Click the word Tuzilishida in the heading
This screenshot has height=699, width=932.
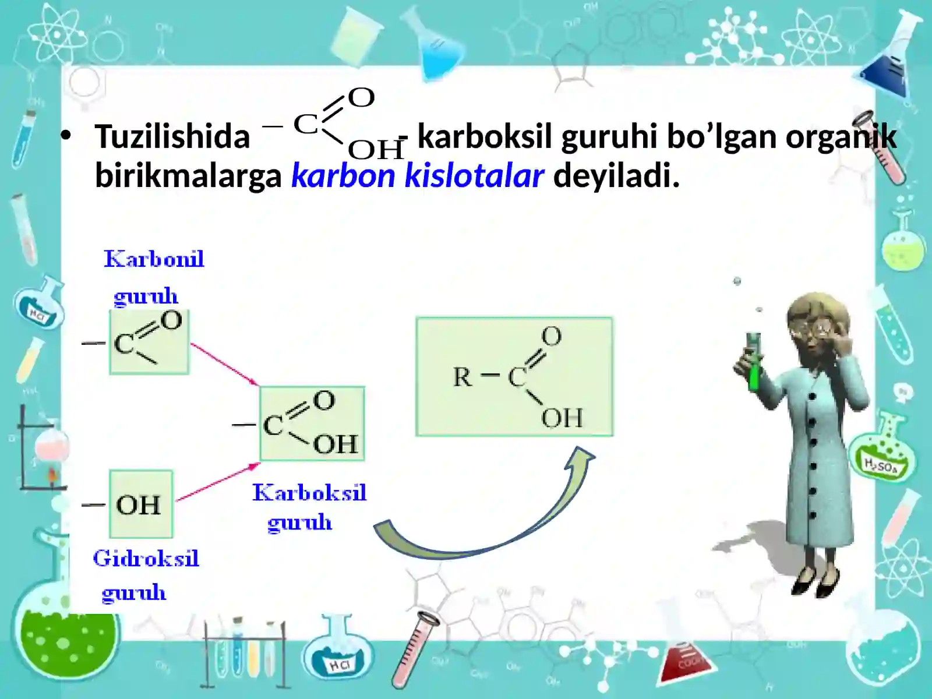[172, 137]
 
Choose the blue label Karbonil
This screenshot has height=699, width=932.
[154, 259]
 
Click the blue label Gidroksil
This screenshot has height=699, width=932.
[146, 559]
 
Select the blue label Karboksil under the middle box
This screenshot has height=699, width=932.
[309, 493]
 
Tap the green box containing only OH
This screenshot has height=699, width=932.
[141, 504]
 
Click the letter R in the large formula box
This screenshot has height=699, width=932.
[463, 377]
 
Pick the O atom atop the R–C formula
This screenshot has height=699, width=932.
[551, 336]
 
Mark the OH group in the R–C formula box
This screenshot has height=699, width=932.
[562, 418]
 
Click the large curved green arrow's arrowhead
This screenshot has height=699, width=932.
[581, 456]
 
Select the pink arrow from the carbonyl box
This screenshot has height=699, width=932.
[224, 364]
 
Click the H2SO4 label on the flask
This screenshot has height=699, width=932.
[880, 466]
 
